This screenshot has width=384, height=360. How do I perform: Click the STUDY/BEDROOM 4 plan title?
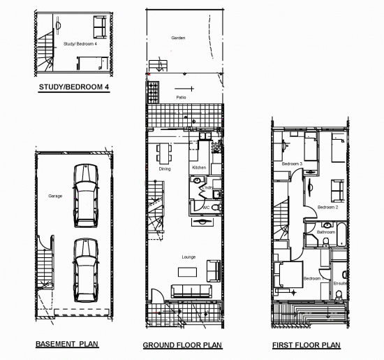[74, 88]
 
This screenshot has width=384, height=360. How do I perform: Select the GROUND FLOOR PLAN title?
[182, 345]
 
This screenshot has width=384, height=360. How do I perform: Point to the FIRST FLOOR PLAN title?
[307, 345]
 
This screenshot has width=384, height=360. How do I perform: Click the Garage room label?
[55, 196]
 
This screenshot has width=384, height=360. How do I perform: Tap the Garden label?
[178, 38]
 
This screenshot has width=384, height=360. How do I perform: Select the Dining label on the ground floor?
[165, 168]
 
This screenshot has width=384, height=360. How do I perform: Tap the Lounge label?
[189, 257]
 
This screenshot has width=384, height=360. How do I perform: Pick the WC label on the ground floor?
[206, 208]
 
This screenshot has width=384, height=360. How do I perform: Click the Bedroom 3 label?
[292, 164]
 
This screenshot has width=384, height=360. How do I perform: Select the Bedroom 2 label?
[327, 207]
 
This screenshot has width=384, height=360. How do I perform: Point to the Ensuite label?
[340, 283]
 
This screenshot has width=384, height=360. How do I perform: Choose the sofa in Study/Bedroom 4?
[100, 26]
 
